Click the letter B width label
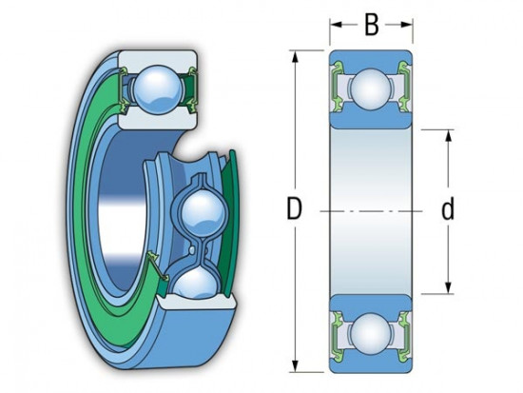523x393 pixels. click(x=372, y=25)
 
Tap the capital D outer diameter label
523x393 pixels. click(x=294, y=208)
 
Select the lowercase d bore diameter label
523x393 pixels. click(x=448, y=208)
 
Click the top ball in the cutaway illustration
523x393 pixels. click(x=158, y=89)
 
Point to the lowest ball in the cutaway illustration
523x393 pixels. click(x=196, y=284)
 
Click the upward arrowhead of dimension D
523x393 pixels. click(x=295, y=57)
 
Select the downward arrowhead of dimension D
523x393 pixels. click(x=295, y=366)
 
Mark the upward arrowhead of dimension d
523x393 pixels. click(x=448, y=136)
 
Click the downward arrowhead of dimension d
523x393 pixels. click(x=448, y=287)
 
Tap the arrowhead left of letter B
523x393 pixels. click(x=337, y=25)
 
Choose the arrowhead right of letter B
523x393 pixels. click(x=406, y=25)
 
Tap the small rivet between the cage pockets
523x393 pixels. click(x=192, y=249)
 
